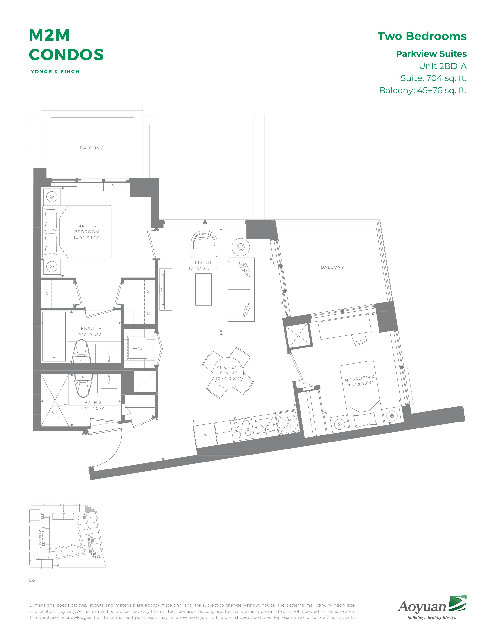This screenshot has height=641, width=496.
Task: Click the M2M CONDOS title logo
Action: tap(66, 45)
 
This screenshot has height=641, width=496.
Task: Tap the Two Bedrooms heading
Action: tap(422, 36)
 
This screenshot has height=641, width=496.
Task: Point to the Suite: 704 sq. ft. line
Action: tap(433, 78)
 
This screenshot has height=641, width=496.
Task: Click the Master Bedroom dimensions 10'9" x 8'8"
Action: tap(87, 237)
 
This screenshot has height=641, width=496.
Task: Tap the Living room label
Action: tap(203, 263)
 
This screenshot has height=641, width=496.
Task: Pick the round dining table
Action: tap(228, 373)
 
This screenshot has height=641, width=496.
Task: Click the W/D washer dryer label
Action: tap(138, 348)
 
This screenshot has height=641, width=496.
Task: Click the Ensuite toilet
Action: tap(81, 351)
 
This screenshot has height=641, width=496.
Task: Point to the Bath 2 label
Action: tap(93, 403)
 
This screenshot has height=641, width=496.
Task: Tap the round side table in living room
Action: tap(241, 247)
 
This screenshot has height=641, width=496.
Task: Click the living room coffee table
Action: tap(203, 289)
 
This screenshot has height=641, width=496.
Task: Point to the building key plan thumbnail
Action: tap(67, 536)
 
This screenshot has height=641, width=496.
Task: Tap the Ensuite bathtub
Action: tap(54, 337)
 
